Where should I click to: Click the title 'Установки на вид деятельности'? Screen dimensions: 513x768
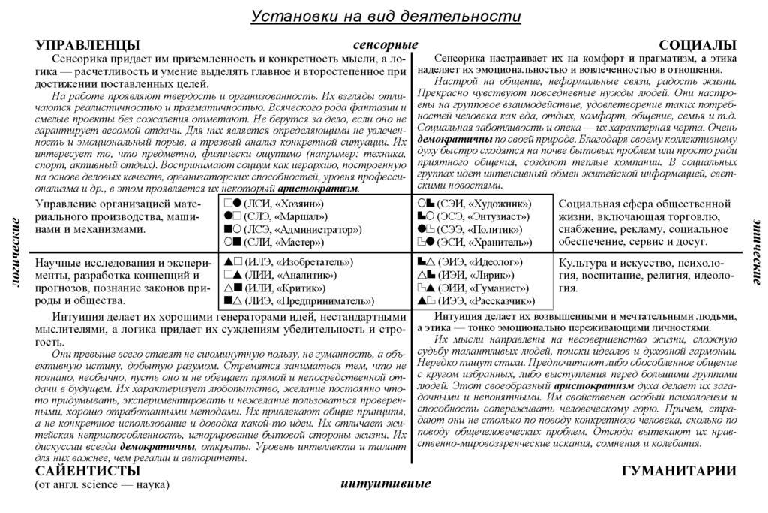385,17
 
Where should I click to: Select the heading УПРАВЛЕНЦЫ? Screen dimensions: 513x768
87,45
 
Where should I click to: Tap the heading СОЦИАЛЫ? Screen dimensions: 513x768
697,45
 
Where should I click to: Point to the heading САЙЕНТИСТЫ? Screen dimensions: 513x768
88,471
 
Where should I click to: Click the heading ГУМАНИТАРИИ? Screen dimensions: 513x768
679,471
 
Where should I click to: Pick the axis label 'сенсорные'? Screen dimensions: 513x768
385,45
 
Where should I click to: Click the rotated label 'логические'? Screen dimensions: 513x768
15,255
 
